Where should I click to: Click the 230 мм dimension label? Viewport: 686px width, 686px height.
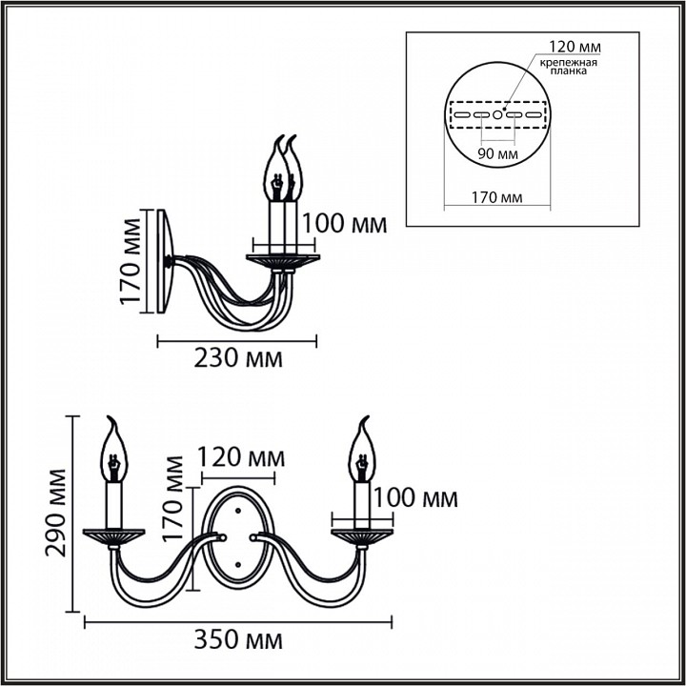(238, 358)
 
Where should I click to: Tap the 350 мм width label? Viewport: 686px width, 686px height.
(238, 639)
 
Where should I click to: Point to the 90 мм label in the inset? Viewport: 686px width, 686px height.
(496, 152)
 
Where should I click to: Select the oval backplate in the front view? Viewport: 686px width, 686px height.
(237, 537)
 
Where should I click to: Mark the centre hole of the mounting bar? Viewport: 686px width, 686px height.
(496, 114)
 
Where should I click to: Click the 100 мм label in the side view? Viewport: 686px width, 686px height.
(344, 224)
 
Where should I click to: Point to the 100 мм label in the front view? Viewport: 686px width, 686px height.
(414, 498)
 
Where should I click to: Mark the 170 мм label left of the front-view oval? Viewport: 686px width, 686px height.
(174, 497)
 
